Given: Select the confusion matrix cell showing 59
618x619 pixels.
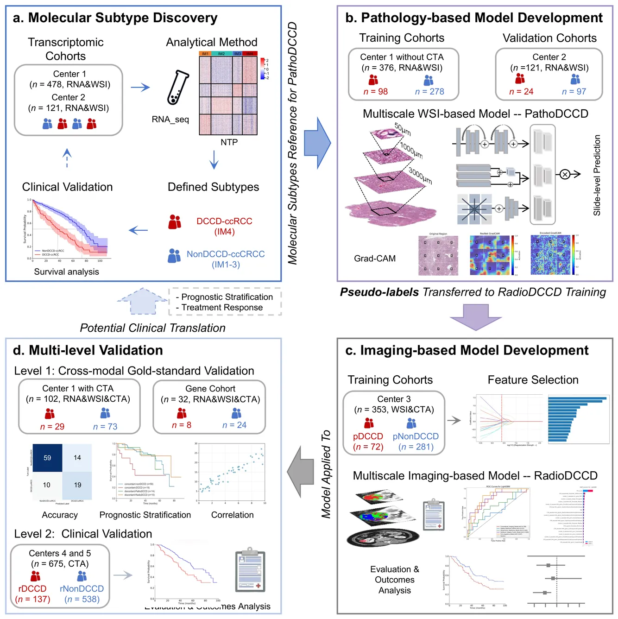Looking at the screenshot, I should pos(47,458).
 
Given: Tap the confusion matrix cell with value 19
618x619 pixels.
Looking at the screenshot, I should pos(77,485).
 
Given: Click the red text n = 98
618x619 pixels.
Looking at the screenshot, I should pos(376,92).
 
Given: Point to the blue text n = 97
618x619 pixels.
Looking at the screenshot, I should pos(574,92).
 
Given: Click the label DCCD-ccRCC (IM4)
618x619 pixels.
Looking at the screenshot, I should pos(224,226).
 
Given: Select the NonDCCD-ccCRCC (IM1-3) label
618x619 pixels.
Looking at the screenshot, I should pos(226,259).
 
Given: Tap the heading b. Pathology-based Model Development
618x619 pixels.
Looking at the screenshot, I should pos(474,18).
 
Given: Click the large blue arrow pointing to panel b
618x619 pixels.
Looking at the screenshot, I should pos(317,143).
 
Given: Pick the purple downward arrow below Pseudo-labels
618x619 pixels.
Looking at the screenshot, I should pos(475,316).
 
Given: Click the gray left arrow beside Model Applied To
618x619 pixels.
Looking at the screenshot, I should pos(301,472).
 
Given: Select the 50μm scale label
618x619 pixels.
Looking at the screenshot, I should pos(403,129).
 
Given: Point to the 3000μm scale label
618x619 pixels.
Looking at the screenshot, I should pos(420,176).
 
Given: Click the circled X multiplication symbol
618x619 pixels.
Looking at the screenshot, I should pos(565,174).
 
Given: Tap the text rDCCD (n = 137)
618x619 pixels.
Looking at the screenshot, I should pos(32,594).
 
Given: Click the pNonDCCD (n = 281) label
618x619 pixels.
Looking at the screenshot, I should pos(416,442).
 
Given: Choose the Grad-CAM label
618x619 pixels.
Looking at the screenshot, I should pos(375,259).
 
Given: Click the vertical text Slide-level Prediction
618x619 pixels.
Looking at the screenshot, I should pos(597,175).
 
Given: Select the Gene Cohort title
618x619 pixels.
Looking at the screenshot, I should pos(210,389).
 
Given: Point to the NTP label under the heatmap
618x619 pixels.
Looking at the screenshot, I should pos(229,142).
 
